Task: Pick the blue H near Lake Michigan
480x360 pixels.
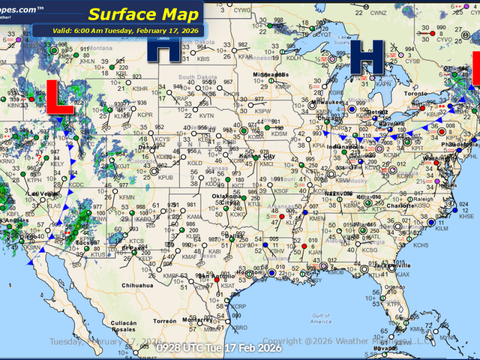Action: tap(367, 58)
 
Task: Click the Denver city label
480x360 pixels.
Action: tap(148, 147)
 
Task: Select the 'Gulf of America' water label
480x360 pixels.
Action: tap(321, 318)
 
